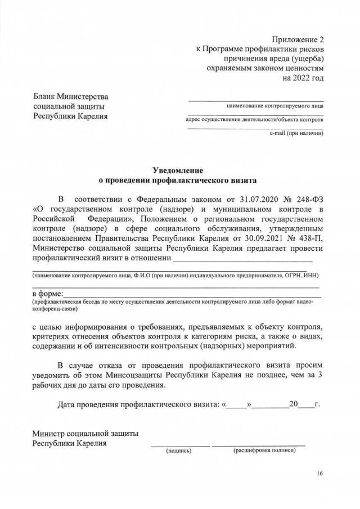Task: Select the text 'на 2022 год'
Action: [x=303, y=77]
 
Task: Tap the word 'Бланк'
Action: [x=44, y=97]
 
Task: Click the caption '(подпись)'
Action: [x=178, y=451]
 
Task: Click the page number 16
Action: [x=319, y=474]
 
